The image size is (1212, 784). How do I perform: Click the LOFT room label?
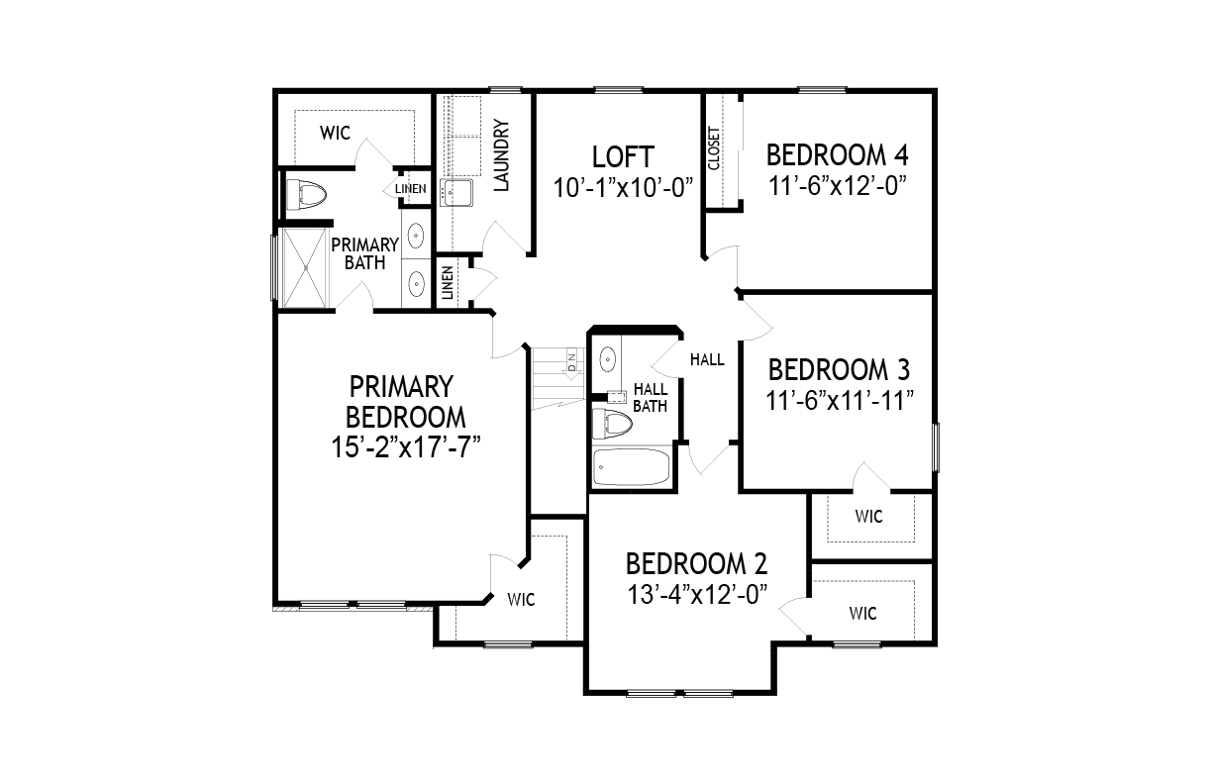pos(623,157)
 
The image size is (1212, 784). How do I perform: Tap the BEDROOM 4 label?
pos(837,155)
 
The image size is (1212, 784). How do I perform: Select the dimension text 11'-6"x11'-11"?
pos(840,402)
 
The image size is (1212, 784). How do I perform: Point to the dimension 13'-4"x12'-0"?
pos(697,595)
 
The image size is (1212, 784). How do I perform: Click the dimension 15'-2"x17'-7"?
pos(406,448)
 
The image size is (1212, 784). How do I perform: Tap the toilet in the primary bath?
pos(306,195)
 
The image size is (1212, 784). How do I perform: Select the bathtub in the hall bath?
pos(631,467)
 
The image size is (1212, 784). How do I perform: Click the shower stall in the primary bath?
pos(305,268)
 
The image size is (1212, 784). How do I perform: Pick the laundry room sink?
pos(456,193)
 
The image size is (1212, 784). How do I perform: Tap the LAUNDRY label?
pos(502,155)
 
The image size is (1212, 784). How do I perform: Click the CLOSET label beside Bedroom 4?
pos(714,148)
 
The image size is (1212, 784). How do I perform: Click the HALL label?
pos(707,359)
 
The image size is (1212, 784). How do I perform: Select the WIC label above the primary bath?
pos(335,133)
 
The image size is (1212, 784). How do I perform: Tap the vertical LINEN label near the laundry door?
pos(448,283)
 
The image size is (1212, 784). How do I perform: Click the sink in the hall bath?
pos(608,359)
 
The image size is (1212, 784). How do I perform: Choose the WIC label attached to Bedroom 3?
pos(869,517)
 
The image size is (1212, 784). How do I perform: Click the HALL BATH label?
pos(651,398)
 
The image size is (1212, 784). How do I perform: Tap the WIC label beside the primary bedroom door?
pos(521,600)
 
